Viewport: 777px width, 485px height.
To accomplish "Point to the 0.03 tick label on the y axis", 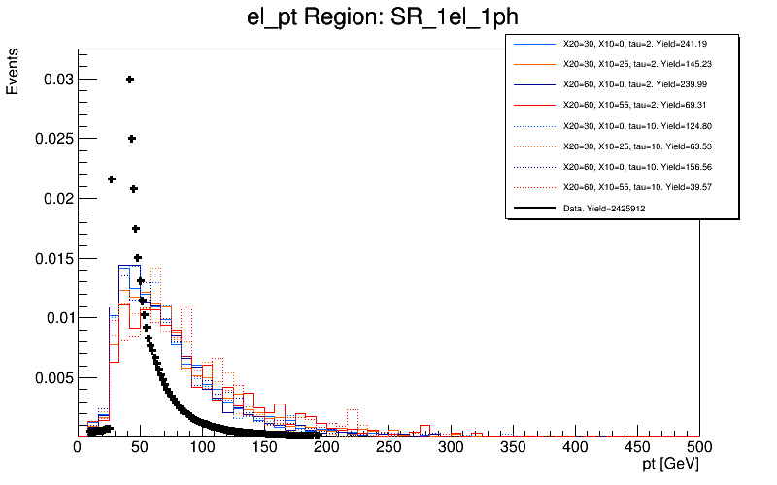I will [x=56, y=79].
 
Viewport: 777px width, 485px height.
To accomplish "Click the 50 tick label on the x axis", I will [x=140, y=447].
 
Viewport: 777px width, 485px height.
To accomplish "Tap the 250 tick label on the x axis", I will [x=388, y=447].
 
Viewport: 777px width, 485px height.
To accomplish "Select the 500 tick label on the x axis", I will [x=699, y=447].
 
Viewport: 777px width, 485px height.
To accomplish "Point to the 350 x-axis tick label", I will [x=513, y=447].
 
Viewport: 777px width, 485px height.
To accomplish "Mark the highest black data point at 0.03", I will [x=130, y=80].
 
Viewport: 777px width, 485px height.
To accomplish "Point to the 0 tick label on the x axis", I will [x=78, y=447].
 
